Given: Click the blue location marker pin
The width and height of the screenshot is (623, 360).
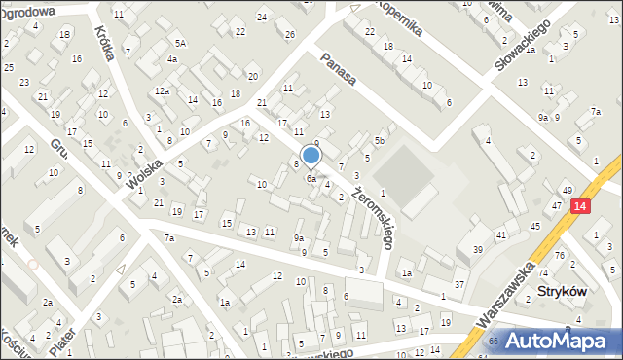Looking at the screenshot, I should [x=311, y=156].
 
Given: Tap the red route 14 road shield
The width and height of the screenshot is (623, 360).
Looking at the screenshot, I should [x=580, y=205].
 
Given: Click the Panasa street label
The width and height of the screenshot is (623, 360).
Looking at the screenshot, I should [x=338, y=71].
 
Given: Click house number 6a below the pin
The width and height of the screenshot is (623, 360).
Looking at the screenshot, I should [x=311, y=179].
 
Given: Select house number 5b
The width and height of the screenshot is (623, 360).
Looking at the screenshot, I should [x=381, y=142].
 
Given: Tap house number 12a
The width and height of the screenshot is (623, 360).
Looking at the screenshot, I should [x=161, y=91].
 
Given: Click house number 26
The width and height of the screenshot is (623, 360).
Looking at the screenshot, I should [x=290, y=35].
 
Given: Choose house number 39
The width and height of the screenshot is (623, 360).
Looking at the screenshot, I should [x=478, y=250].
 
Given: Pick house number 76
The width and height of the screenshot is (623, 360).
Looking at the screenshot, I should [x=559, y=256].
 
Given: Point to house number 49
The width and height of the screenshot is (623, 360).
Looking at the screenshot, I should [x=567, y=189].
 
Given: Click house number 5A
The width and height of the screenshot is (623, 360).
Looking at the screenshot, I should [x=180, y=43].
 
